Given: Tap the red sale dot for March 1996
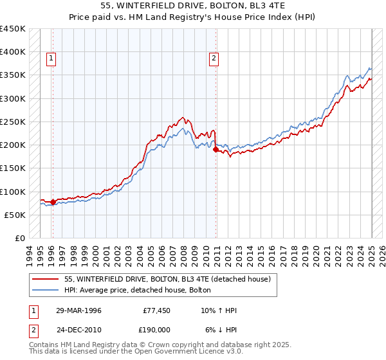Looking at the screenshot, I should [53, 202].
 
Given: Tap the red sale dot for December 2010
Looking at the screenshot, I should [216, 150].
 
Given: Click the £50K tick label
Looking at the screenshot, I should [15, 215].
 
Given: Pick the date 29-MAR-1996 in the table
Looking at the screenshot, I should [78, 310].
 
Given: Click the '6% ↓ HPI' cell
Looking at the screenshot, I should [220, 328].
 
